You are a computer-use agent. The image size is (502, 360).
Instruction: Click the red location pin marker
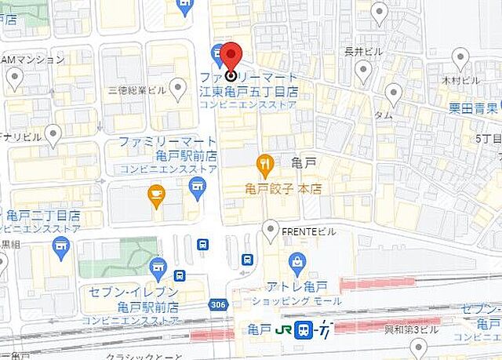click(230, 60)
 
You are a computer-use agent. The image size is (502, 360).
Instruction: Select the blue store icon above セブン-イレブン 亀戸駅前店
click(158, 267)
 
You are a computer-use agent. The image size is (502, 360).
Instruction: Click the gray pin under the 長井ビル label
click(362, 72)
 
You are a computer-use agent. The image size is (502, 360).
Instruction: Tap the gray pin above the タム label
click(393, 94)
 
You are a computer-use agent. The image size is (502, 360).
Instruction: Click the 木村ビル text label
click(460, 80)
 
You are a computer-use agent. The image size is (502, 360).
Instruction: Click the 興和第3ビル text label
click(412, 329)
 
